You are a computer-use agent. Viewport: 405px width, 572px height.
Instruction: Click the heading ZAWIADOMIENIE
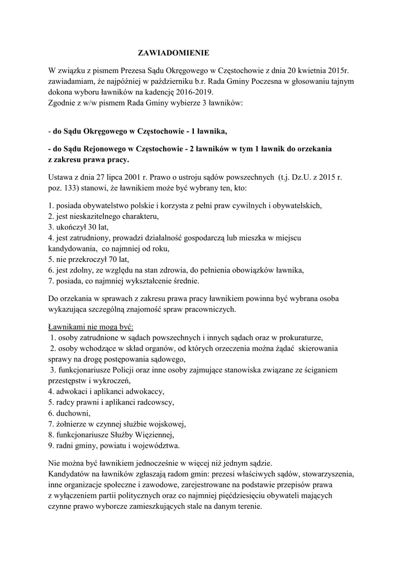[173, 54]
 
